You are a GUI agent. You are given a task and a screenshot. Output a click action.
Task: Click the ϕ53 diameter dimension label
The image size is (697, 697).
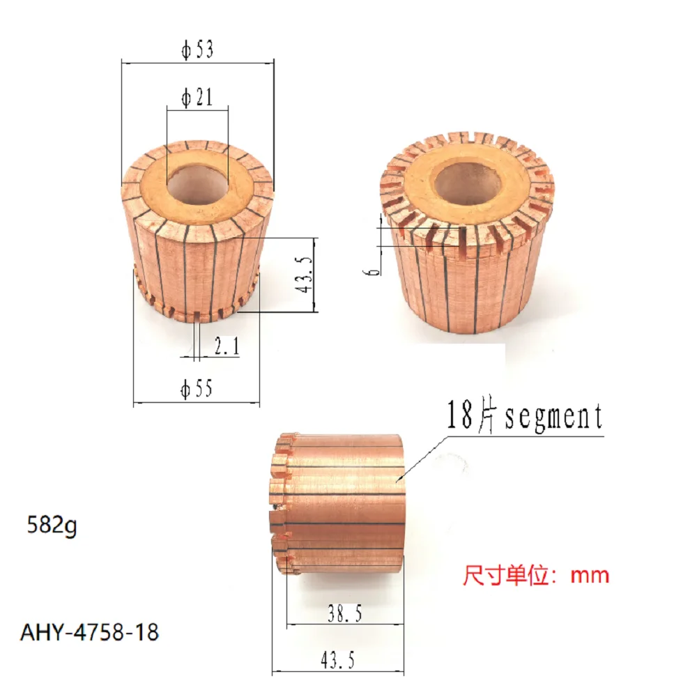[197, 52]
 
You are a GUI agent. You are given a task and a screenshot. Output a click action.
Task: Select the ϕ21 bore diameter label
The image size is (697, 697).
[197, 98]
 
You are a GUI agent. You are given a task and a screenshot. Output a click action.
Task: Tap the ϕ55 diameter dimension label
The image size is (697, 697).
[196, 390]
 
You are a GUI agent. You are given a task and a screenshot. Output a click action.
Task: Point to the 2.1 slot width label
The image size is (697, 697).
[226, 346]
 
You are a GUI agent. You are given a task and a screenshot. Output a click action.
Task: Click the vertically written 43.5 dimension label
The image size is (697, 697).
[304, 275]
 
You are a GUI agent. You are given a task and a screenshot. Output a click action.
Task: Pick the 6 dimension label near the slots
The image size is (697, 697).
[374, 266]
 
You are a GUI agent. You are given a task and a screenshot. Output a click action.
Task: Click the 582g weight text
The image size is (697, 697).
[48, 525]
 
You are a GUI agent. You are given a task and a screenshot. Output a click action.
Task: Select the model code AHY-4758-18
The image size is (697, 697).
[89, 632]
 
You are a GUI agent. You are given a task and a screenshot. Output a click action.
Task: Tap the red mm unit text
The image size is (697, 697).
[590, 576]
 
